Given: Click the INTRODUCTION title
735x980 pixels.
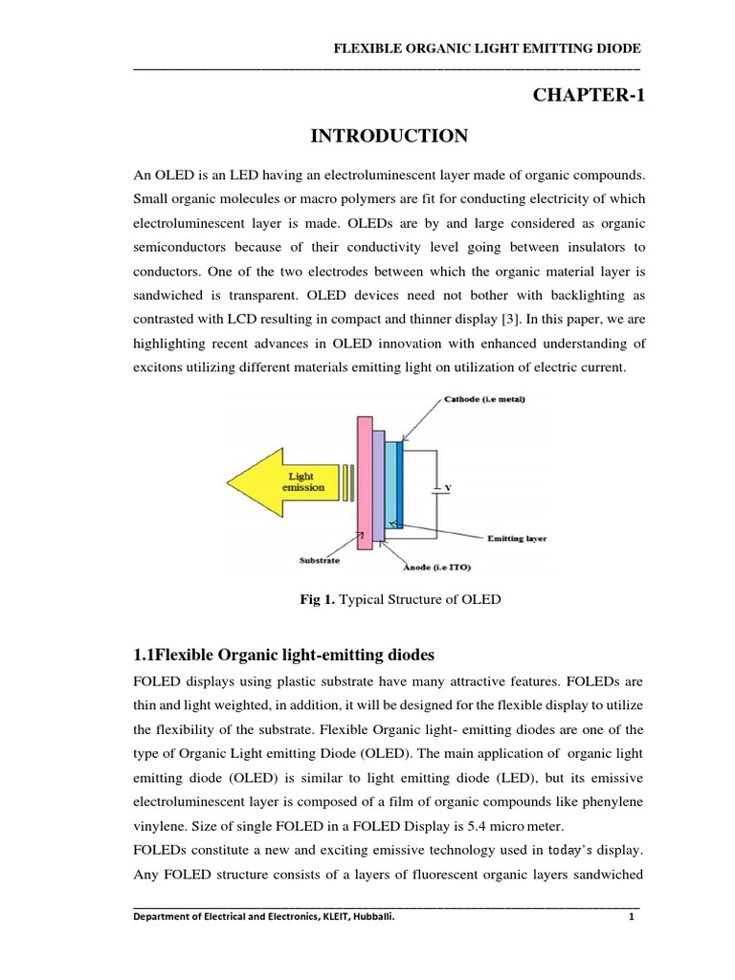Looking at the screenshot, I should pos(390,137).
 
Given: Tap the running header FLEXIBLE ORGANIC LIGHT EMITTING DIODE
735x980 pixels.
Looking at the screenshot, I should pos(485,49).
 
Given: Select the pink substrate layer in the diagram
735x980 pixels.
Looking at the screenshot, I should pos(365,482).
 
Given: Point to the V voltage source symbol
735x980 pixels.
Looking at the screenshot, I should pos(441,489).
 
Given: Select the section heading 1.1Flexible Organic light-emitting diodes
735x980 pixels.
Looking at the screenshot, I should pos(283,656).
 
